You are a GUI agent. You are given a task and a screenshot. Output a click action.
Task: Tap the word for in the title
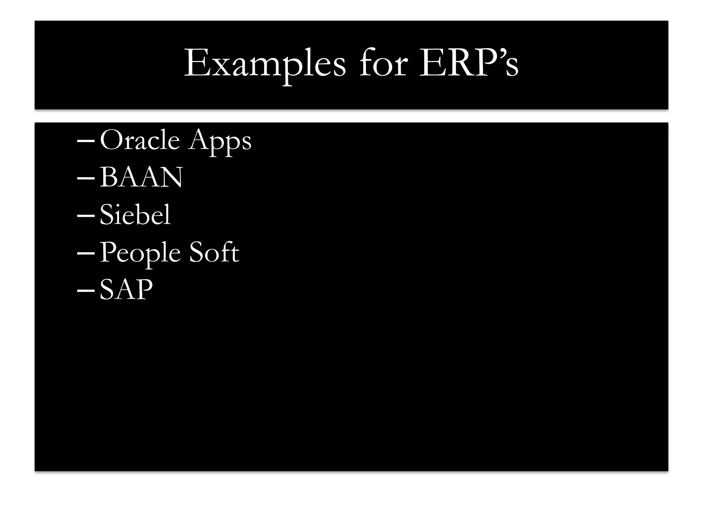pos(383,63)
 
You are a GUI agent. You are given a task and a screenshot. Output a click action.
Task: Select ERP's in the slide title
pos(469,63)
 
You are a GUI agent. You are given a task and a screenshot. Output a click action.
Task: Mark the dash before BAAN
pos(86,178)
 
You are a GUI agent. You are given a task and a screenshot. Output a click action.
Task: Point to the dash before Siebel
pos(86,216)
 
